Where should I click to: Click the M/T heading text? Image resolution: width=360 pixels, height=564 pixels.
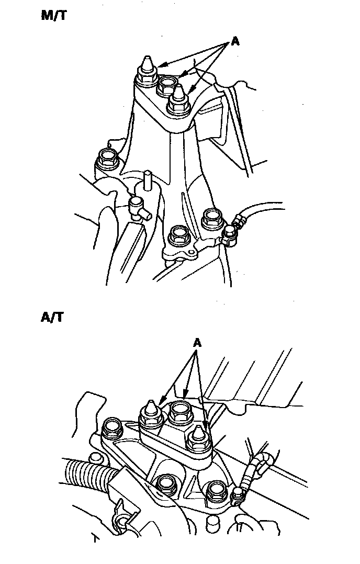click(x=54, y=15)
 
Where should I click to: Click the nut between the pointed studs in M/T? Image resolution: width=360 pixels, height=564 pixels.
click(x=167, y=83)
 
